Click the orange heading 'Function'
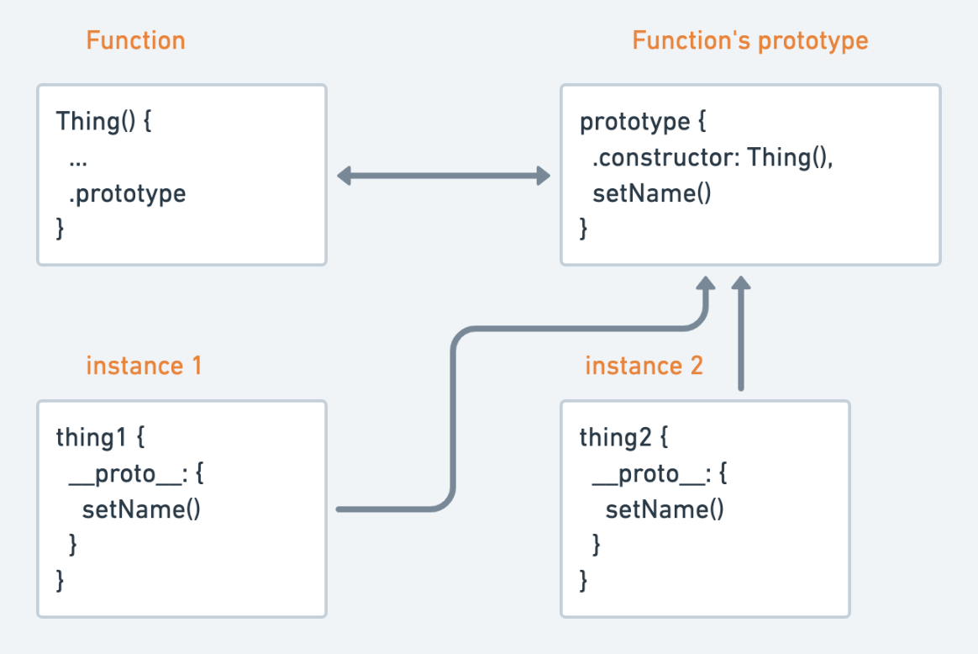(135, 40)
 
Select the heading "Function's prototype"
(749, 40)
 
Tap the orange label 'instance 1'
(143, 366)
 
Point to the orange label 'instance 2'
(644, 366)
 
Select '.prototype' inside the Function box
(127, 194)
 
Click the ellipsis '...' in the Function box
(79, 158)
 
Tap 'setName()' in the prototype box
(651, 194)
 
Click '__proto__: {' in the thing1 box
(137, 474)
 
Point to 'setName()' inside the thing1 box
(141, 509)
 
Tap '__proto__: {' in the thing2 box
(660, 474)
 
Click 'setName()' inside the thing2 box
(664, 509)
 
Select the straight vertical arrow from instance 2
(740, 336)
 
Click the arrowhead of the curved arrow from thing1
(706, 284)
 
